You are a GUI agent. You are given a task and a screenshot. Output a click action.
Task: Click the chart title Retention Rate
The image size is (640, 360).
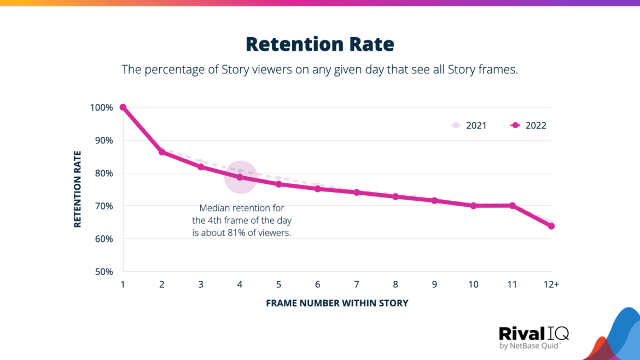(319, 44)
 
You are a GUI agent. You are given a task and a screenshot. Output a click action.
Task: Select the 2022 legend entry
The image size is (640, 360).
(528, 125)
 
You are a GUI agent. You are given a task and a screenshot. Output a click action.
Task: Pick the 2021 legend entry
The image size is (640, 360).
(469, 125)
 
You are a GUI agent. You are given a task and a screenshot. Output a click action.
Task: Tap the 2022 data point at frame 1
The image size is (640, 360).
(123, 107)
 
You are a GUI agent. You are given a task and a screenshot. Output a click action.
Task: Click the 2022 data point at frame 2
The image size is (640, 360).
(162, 152)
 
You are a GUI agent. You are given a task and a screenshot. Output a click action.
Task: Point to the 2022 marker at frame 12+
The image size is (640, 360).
(551, 226)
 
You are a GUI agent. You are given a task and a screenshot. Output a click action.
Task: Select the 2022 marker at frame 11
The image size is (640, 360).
(512, 206)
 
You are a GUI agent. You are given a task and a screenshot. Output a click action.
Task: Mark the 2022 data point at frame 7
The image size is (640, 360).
(356, 193)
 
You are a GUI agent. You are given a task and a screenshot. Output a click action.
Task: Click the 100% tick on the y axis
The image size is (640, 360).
(101, 107)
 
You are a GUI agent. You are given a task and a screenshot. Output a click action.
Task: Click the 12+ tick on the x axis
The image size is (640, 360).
(551, 284)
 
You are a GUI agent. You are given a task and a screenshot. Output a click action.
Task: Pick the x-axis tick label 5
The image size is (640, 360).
(278, 284)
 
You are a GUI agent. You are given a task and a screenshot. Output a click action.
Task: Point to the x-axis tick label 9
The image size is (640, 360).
(434, 284)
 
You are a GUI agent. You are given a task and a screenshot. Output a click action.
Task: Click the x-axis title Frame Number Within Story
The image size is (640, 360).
(337, 303)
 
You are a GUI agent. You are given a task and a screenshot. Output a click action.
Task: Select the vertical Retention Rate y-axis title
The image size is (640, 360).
(78, 189)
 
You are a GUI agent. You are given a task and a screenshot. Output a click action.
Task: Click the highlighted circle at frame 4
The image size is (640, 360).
(240, 177)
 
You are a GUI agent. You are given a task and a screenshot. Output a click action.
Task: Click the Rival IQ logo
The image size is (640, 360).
(533, 338)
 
